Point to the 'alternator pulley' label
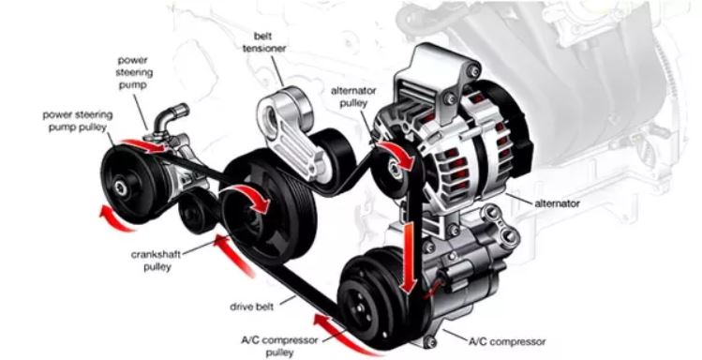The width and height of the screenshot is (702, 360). pos(352,97)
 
